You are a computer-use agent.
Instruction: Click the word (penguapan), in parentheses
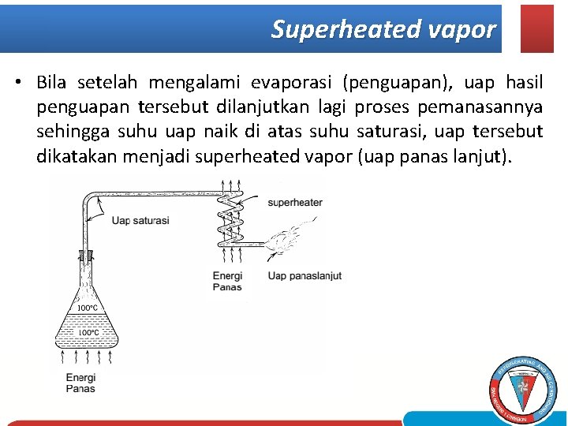click(398, 83)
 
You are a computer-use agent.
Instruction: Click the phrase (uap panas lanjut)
click(435, 156)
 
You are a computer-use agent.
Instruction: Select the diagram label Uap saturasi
click(140, 220)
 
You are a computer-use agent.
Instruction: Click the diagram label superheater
click(295, 203)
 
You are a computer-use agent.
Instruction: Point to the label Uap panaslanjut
click(305, 275)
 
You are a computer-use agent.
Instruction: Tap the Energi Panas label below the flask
click(80, 383)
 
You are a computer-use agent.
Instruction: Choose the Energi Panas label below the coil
click(227, 281)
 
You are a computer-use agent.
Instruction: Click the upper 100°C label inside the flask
click(87, 308)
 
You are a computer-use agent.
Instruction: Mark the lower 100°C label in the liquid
click(88, 333)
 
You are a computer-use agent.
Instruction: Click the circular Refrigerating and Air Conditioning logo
click(523, 389)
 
